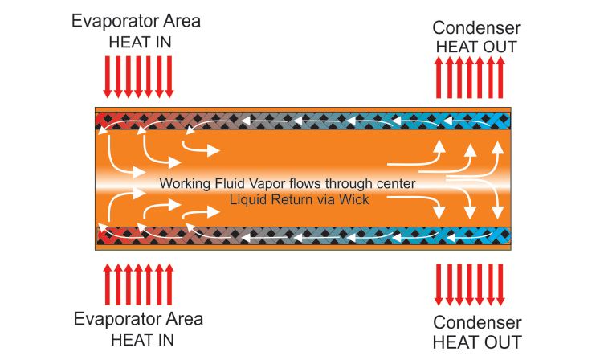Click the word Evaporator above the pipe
coord(115,21)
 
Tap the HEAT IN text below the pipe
coord(142,341)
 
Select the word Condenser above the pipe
coord(476,28)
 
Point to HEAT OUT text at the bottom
coord(477,342)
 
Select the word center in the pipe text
coord(396,184)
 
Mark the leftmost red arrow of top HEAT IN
coord(108,76)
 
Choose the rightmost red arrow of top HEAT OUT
coord(500,77)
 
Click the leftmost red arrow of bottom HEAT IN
coord(108,284)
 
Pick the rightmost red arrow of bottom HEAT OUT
coord(500,284)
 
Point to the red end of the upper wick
coord(101,121)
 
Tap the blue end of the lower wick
coord(504,236)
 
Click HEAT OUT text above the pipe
coord(476,47)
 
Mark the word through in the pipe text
coord(331,184)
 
